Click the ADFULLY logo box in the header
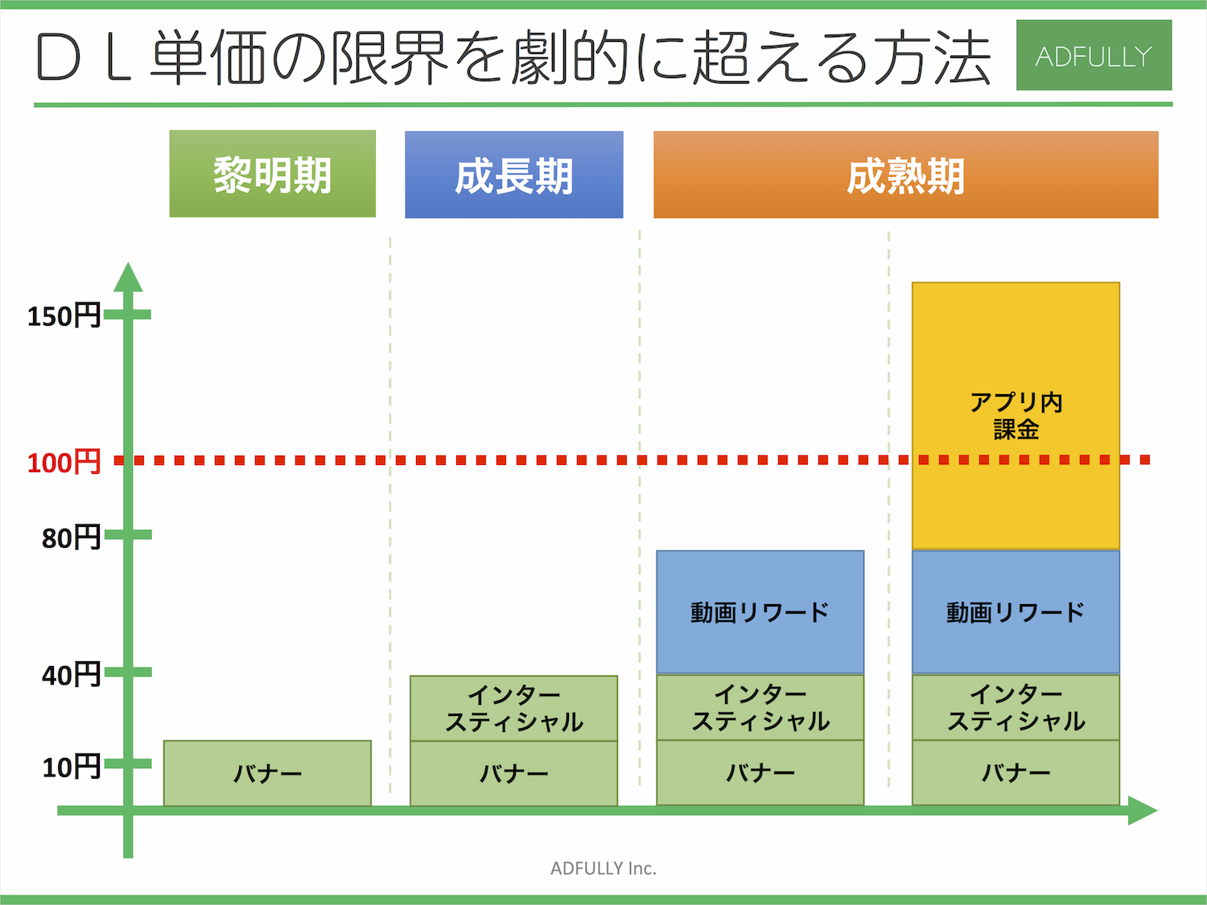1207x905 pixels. pyautogui.click(x=1094, y=55)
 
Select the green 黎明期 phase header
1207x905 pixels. pyautogui.click(x=273, y=174)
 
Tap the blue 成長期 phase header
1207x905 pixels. pyautogui.click(x=514, y=175)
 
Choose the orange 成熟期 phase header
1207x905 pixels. pyautogui.click(x=906, y=175)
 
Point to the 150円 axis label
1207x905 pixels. pyautogui.click(x=64, y=316)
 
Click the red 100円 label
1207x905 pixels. pyautogui.click(x=64, y=462)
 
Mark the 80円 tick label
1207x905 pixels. pyautogui.click(x=72, y=537)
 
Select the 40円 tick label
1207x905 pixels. pyautogui.click(x=72, y=675)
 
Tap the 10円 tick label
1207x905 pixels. pyautogui.click(x=72, y=767)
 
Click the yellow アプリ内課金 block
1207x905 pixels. pyautogui.click(x=1015, y=416)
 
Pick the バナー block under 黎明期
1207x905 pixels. pyautogui.click(x=267, y=773)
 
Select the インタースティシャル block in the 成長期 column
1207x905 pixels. pyautogui.click(x=513, y=708)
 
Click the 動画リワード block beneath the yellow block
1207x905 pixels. pyautogui.click(x=1015, y=612)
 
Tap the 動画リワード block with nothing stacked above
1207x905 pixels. pyautogui.click(x=760, y=612)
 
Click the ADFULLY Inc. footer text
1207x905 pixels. pyautogui.click(x=603, y=868)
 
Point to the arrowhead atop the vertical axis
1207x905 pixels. pyautogui.click(x=128, y=278)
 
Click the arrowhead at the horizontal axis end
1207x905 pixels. pyautogui.click(x=1143, y=811)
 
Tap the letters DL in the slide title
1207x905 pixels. pyautogui.click(x=84, y=58)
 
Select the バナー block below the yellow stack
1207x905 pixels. pyautogui.click(x=1015, y=773)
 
